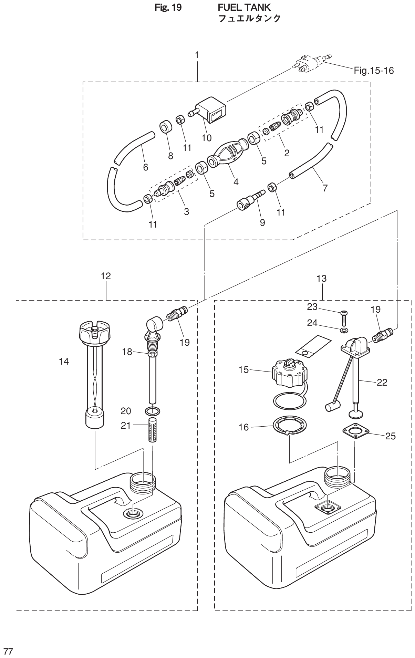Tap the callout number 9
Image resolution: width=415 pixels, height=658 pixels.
click(x=262, y=223)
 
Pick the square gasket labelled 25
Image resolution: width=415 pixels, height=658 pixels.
click(x=355, y=431)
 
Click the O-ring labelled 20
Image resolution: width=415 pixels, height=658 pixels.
click(x=152, y=411)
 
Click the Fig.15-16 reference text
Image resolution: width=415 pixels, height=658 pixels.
click(x=373, y=71)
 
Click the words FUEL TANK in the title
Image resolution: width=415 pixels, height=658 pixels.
click(x=244, y=7)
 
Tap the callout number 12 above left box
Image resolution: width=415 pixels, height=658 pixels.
click(x=106, y=276)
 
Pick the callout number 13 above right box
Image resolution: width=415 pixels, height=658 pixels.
click(x=321, y=278)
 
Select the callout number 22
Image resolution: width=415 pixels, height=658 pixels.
click(x=382, y=382)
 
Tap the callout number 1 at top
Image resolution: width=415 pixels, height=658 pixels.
click(x=197, y=55)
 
